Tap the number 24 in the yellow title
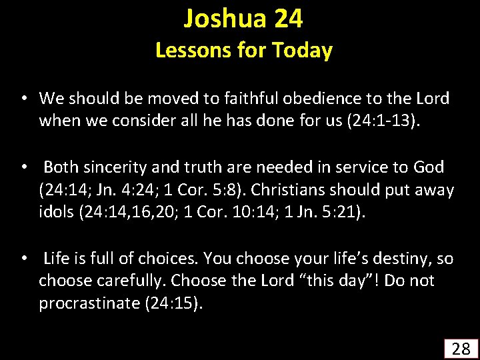pyautogui.click(x=288, y=19)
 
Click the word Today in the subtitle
pyautogui.click(x=301, y=50)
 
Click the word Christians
pyautogui.click(x=289, y=190)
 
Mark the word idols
pyautogui.click(x=56, y=212)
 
